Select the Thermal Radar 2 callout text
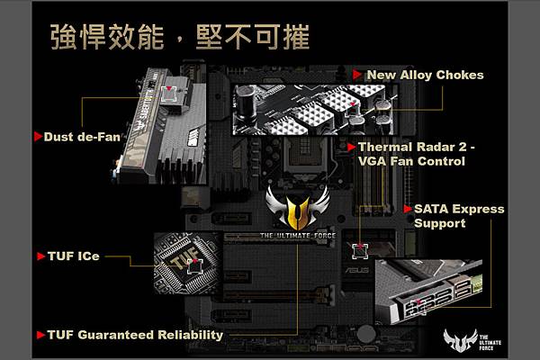tap(411, 154)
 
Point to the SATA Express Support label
tap(458, 216)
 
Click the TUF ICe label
tap(73, 256)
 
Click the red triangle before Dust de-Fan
tap(38, 137)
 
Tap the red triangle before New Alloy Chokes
tap(358, 75)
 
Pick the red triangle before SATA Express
tap(408, 209)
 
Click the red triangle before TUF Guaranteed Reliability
tap(39, 335)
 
